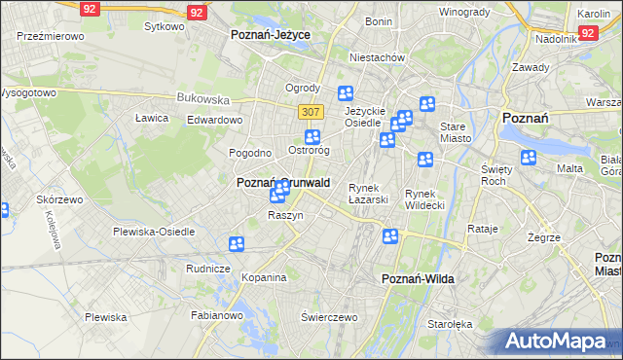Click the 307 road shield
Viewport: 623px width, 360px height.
pyautogui.click(x=311, y=112)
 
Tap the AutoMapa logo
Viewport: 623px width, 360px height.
pyautogui.click(x=557, y=342)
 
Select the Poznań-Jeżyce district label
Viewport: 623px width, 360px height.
pyautogui.click(x=271, y=34)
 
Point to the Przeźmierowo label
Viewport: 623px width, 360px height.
pyautogui.click(x=50, y=35)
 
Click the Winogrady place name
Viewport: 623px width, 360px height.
pyautogui.click(x=463, y=12)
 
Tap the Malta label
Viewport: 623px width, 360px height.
pyautogui.click(x=569, y=168)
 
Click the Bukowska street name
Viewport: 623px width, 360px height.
pyautogui.click(x=202, y=98)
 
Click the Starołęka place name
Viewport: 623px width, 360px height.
pyautogui.click(x=450, y=323)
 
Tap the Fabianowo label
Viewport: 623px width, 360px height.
pyautogui.click(x=216, y=315)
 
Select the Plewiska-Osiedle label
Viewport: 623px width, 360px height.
pyautogui.click(x=154, y=232)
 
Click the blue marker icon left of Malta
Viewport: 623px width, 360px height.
pyautogui.click(x=529, y=158)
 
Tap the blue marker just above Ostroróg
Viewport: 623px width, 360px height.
pyautogui.click(x=311, y=137)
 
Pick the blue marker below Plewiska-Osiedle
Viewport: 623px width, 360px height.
pyautogui.click(x=236, y=244)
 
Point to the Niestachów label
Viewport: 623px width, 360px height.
pyautogui.click(x=377, y=57)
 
